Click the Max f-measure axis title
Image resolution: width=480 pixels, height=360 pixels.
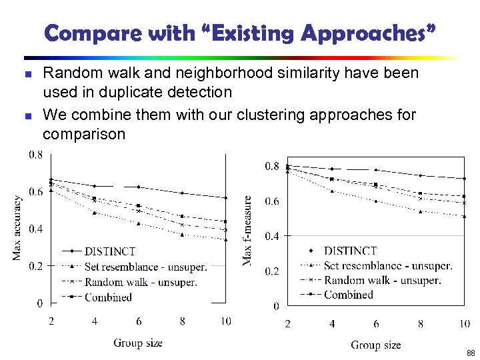(x=247, y=230)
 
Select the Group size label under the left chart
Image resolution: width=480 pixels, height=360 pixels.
(x=138, y=343)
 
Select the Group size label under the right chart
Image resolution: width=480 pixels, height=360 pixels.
(x=376, y=345)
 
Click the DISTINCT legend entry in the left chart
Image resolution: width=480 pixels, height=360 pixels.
(x=110, y=251)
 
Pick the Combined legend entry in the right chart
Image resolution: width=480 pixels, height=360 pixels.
(x=348, y=294)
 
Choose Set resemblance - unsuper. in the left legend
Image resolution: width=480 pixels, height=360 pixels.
(x=145, y=267)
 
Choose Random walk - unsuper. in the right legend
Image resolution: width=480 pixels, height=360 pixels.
(x=382, y=280)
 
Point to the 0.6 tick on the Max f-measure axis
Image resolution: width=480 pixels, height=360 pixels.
(x=272, y=201)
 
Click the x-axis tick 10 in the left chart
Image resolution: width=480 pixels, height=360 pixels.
(x=225, y=321)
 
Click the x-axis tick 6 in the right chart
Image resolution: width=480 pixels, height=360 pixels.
(x=376, y=324)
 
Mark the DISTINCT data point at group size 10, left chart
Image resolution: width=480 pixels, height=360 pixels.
(x=225, y=198)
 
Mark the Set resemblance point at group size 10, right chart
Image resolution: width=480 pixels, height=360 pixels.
(x=464, y=216)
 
